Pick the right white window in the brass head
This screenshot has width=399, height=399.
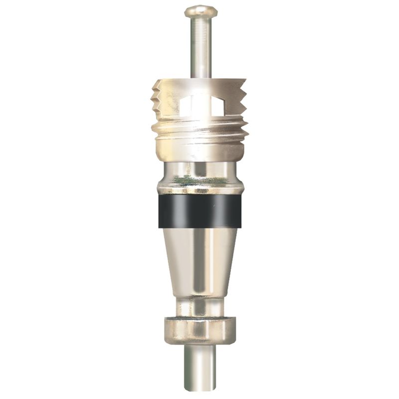point(219,105)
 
